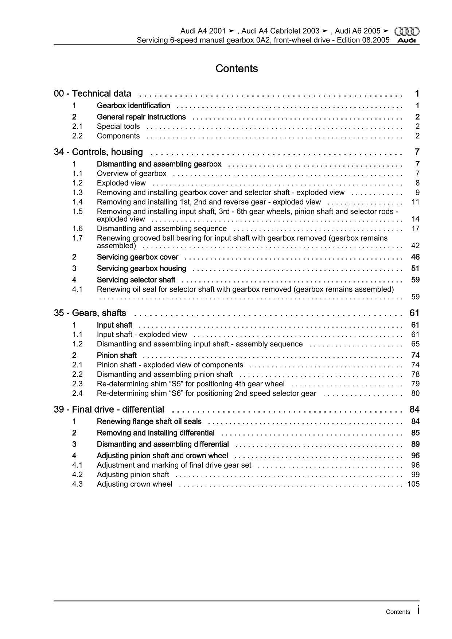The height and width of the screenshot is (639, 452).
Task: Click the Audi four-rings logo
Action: pos(407,32)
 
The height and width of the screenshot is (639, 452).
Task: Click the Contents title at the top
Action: pos(237,69)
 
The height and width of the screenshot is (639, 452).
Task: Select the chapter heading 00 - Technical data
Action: pos(92,94)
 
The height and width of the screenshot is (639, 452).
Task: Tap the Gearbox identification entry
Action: pos(133,106)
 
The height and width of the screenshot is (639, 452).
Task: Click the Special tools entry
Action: pos(118,126)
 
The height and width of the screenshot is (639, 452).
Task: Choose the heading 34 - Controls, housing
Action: pos(98,152)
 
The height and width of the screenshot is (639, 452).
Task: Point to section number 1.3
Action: pos(77,192)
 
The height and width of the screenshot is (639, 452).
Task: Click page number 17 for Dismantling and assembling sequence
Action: pos(416,229)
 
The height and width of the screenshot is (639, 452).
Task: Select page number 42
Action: pos(416,246)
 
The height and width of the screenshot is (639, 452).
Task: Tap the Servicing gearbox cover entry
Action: pos(137,257)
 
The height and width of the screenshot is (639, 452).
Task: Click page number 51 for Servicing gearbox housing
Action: pos(416,269)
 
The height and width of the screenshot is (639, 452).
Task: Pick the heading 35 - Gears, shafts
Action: pos(90,313)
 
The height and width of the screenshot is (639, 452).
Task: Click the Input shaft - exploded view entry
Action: pos(142,335)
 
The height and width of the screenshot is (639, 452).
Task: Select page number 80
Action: pos(416,393)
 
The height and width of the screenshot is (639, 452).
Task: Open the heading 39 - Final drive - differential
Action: pos(109,409)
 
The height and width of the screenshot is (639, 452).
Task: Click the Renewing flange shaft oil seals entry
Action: pos(149,421)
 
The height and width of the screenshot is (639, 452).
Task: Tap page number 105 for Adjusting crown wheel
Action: pos(413,484)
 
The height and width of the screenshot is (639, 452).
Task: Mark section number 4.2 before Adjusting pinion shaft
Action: pos(77,475)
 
